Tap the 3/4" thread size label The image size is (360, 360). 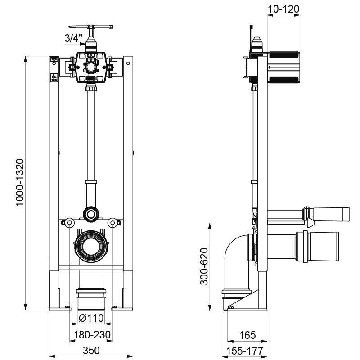[72, 39]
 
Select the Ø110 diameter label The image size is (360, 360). [92, 318]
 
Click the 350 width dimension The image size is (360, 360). [92, 350]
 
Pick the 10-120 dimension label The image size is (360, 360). [283, 9]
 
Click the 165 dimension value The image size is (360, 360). [247, 335]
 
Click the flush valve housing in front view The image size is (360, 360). [92, 67]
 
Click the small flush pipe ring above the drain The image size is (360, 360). [92, 213]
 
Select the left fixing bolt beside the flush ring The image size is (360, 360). [70, 222]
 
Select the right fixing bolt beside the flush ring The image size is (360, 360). [112, 222]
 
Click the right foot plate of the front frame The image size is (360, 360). [122, 308]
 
